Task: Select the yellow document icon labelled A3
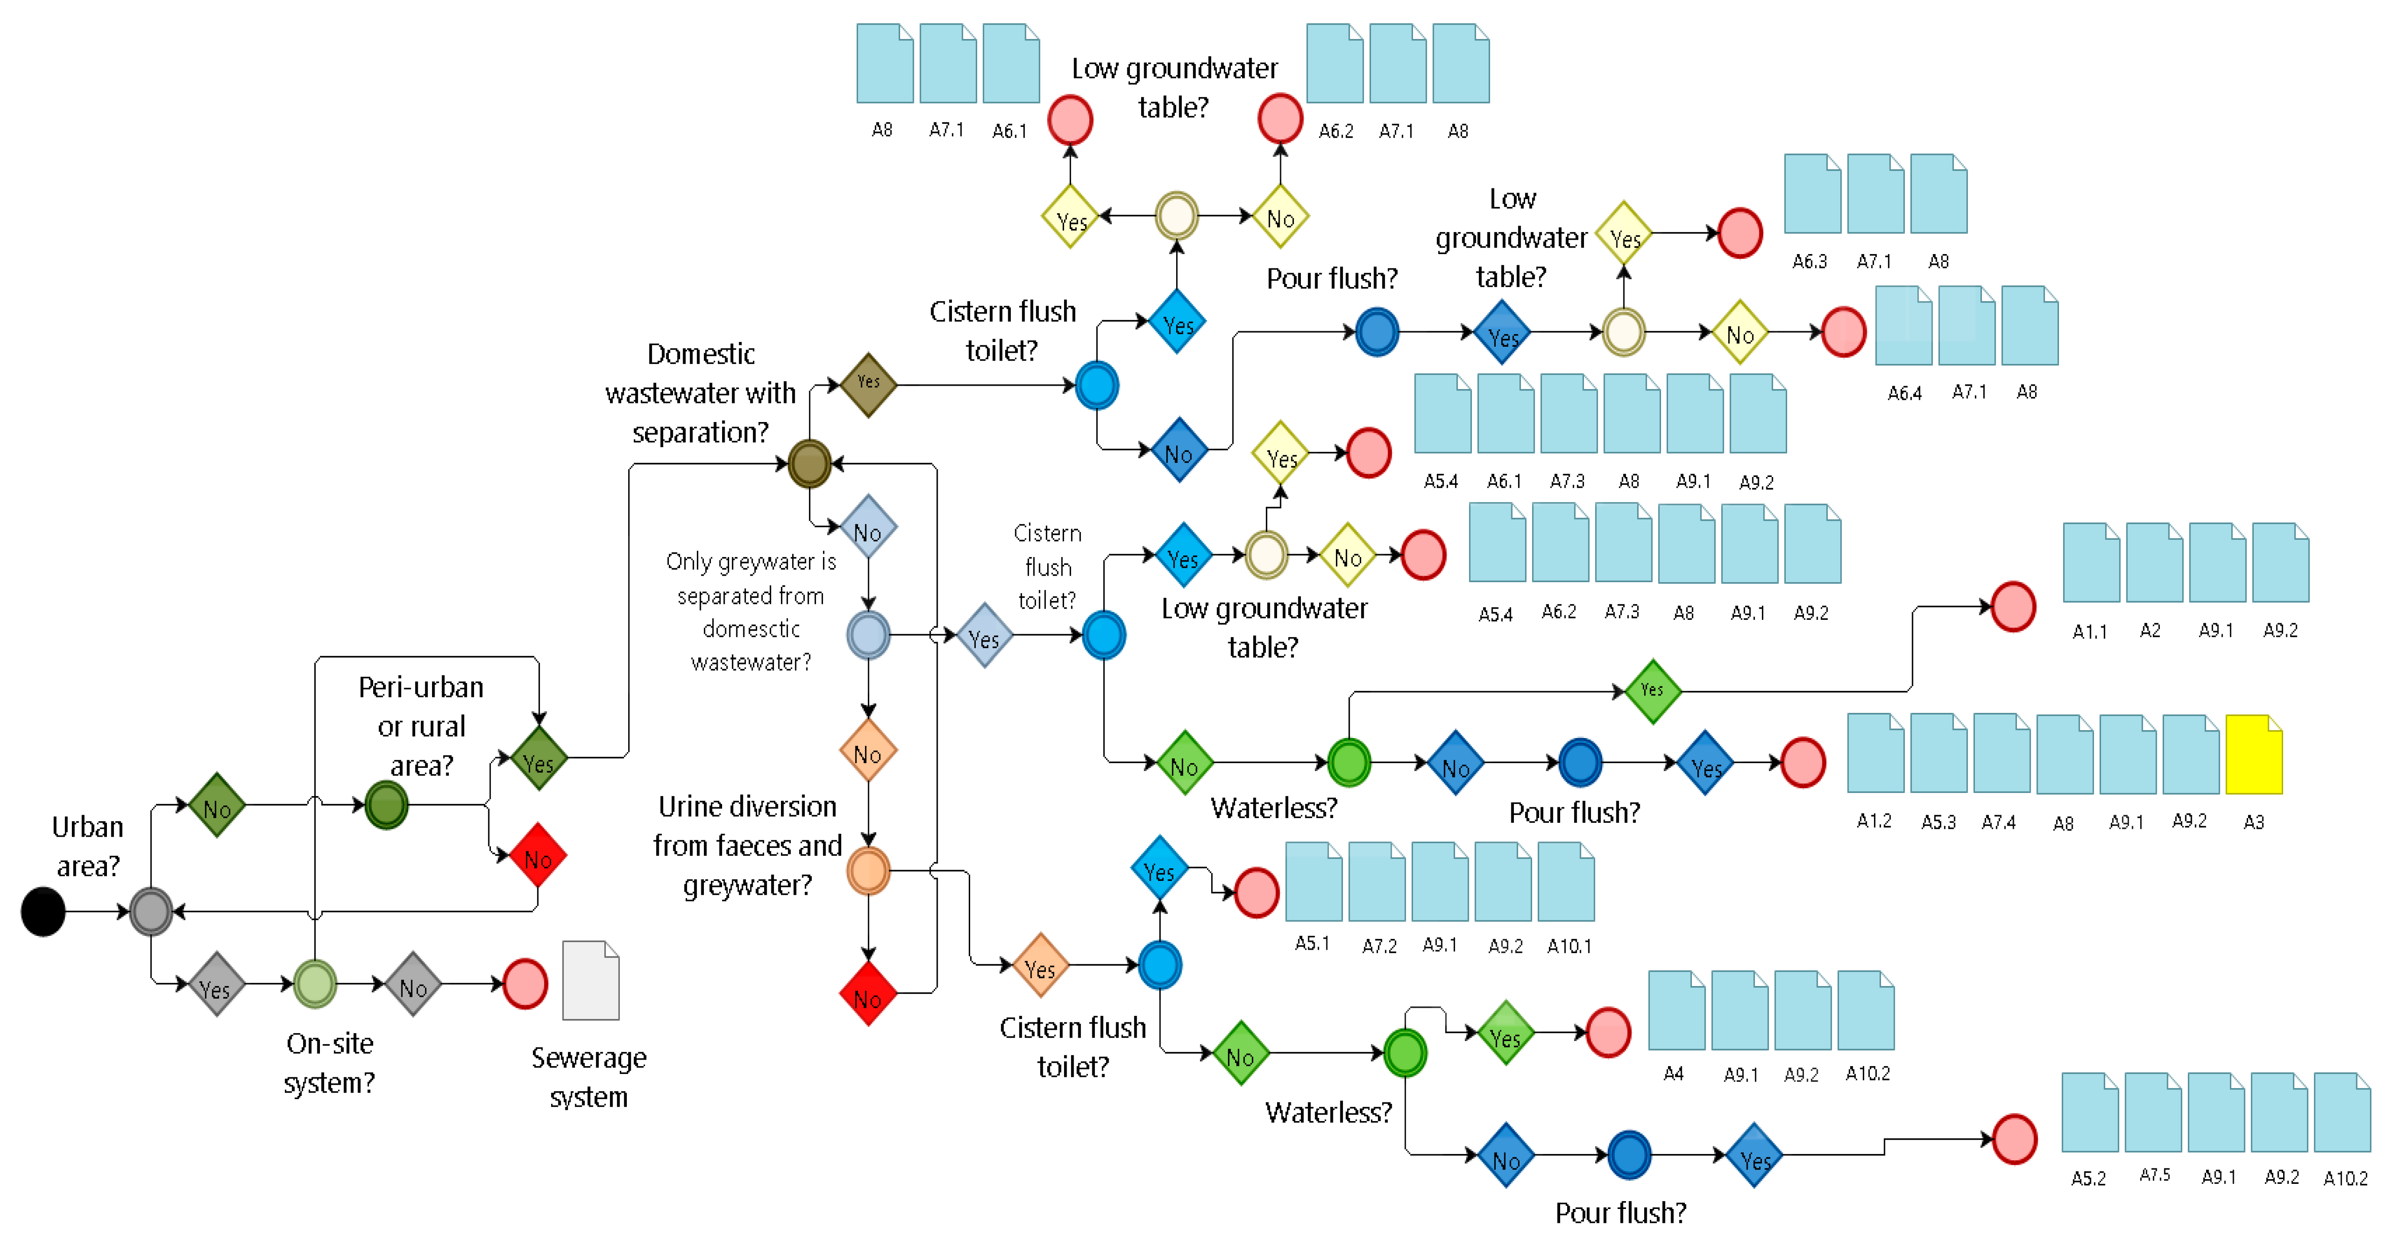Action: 2254,754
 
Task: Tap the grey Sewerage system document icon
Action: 590,980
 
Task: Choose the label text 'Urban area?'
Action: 88,846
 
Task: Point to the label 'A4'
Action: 1673,1073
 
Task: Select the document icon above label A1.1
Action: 2091,563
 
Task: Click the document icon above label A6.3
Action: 1812,193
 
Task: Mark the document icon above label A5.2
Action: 2090,1112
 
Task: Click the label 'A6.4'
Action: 1905,392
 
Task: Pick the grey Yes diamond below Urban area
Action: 216,984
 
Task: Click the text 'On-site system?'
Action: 329,1062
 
